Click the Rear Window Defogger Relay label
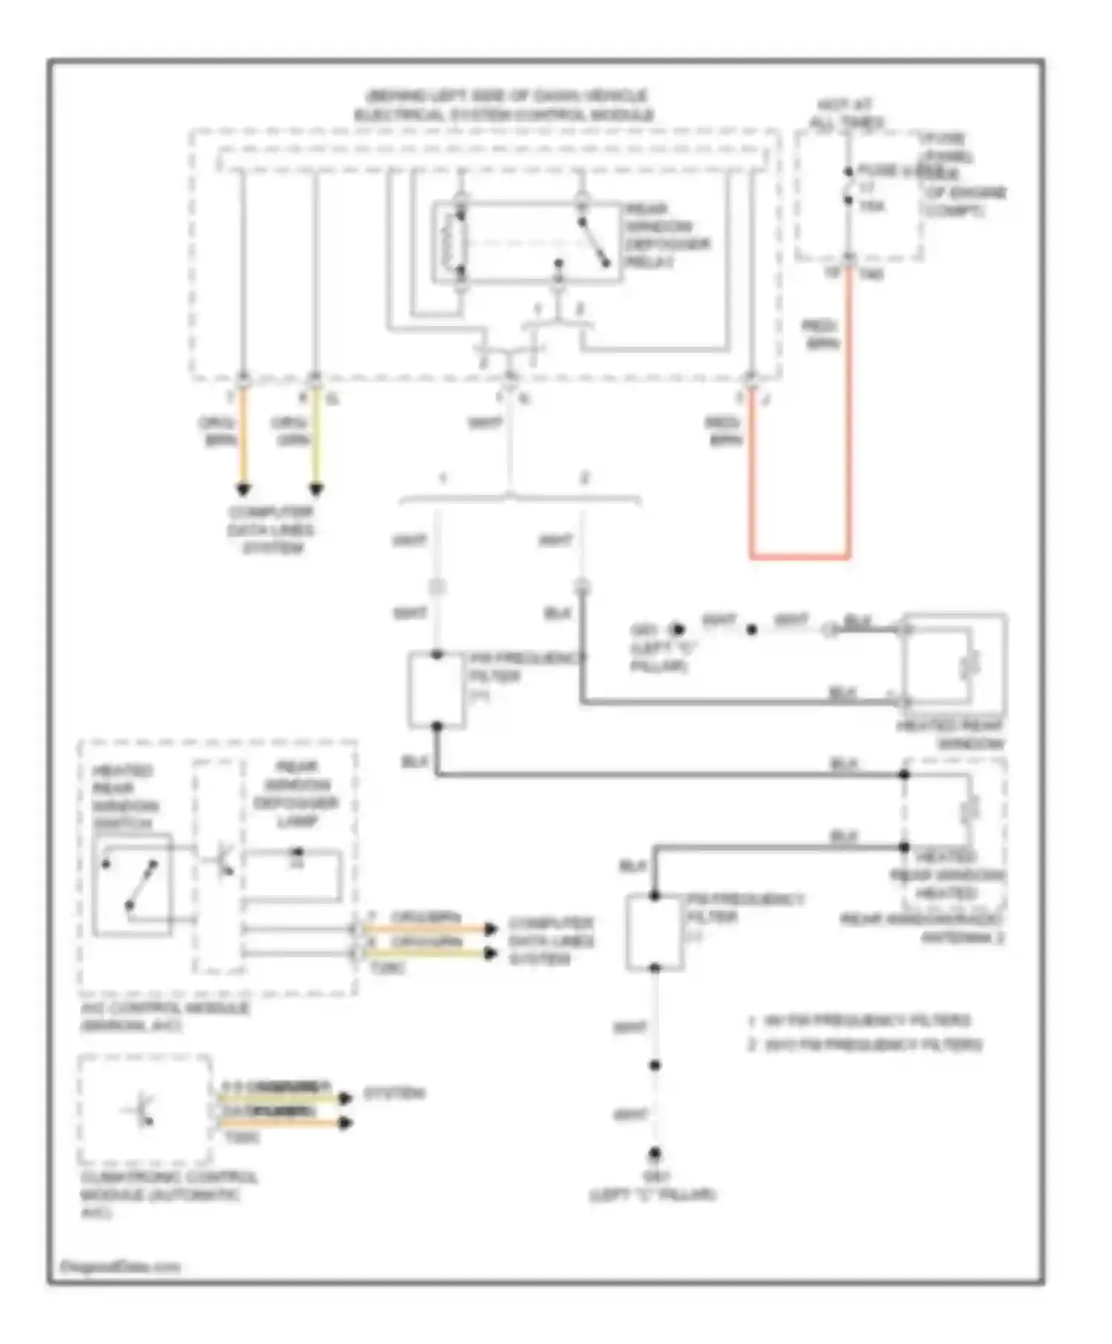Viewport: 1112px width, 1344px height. [665, 236]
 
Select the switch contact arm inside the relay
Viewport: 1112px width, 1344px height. [595, 242]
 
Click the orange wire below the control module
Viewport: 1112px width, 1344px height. [243, 437]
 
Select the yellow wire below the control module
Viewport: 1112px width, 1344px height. [317, 437]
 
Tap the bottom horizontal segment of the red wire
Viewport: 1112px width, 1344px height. [801, 556]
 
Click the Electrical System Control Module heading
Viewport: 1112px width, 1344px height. [504, 106]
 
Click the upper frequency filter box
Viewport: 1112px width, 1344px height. [437, 690]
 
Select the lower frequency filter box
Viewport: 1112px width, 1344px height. [654, 932]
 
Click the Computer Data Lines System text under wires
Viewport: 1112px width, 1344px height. [271, 530]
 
